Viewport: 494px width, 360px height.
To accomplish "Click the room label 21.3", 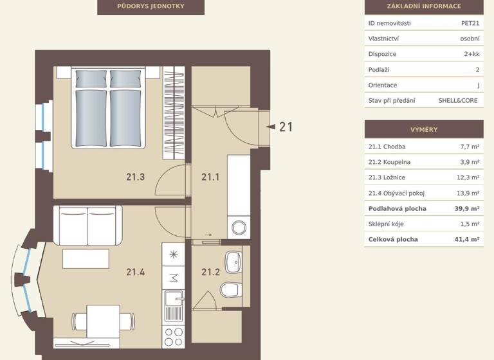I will pos(136,177).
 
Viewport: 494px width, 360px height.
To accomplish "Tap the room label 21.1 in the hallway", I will pos(210,177).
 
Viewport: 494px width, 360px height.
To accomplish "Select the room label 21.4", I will pos(136,272).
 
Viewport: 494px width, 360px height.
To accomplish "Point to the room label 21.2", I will pos(210,272).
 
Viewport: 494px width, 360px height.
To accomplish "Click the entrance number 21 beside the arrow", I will pos(286,127).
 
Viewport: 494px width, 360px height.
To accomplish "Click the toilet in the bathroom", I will pos(230,291).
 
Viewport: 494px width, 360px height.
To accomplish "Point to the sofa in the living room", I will pos(87,224).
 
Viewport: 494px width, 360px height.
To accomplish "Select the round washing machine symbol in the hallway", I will pos(239,227).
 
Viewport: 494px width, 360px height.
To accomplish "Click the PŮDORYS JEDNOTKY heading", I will pos(151,6).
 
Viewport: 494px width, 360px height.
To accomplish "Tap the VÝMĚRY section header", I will pos(423,129).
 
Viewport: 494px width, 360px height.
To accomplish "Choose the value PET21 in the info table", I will pos(470,23).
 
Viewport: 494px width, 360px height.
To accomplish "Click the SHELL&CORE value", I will pos(459,100).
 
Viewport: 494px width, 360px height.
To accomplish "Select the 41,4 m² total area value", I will pos(466,239).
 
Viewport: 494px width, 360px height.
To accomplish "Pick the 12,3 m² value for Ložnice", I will pos(468,177).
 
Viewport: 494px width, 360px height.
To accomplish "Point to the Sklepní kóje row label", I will pos(386,224).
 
